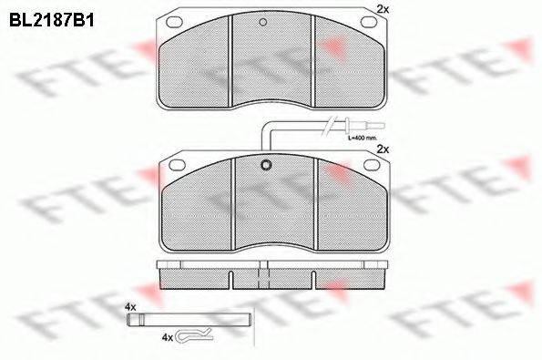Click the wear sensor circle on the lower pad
pyautogui.click(x=266, y=166)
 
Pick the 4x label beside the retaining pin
pyautogui.click(x=130, y=307)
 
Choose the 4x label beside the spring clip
pyautogui.click(x=167, y=337)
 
